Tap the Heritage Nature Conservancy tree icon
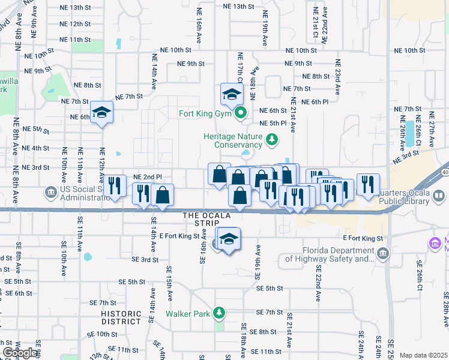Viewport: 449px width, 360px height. pos(273,140)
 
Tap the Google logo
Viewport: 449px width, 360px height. pos(20,353)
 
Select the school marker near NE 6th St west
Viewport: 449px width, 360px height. pos(101,112)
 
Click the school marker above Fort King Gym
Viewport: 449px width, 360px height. pos(232,94)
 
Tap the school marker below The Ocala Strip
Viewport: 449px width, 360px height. pos(229,239)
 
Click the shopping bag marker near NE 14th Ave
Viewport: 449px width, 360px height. pos(163,194)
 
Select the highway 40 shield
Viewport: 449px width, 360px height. pos(444,172)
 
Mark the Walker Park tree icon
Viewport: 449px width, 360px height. pos(220,313)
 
